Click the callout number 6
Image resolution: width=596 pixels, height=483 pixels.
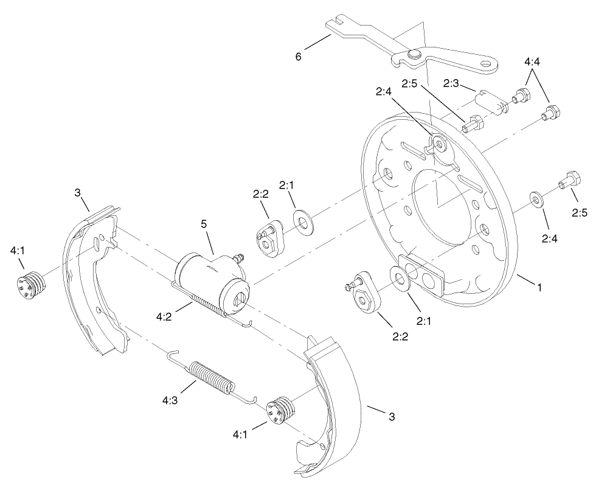pos(298,57)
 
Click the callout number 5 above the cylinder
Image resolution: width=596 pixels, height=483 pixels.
pos(204,224)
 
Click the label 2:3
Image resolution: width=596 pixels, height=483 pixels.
pos(451,83)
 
